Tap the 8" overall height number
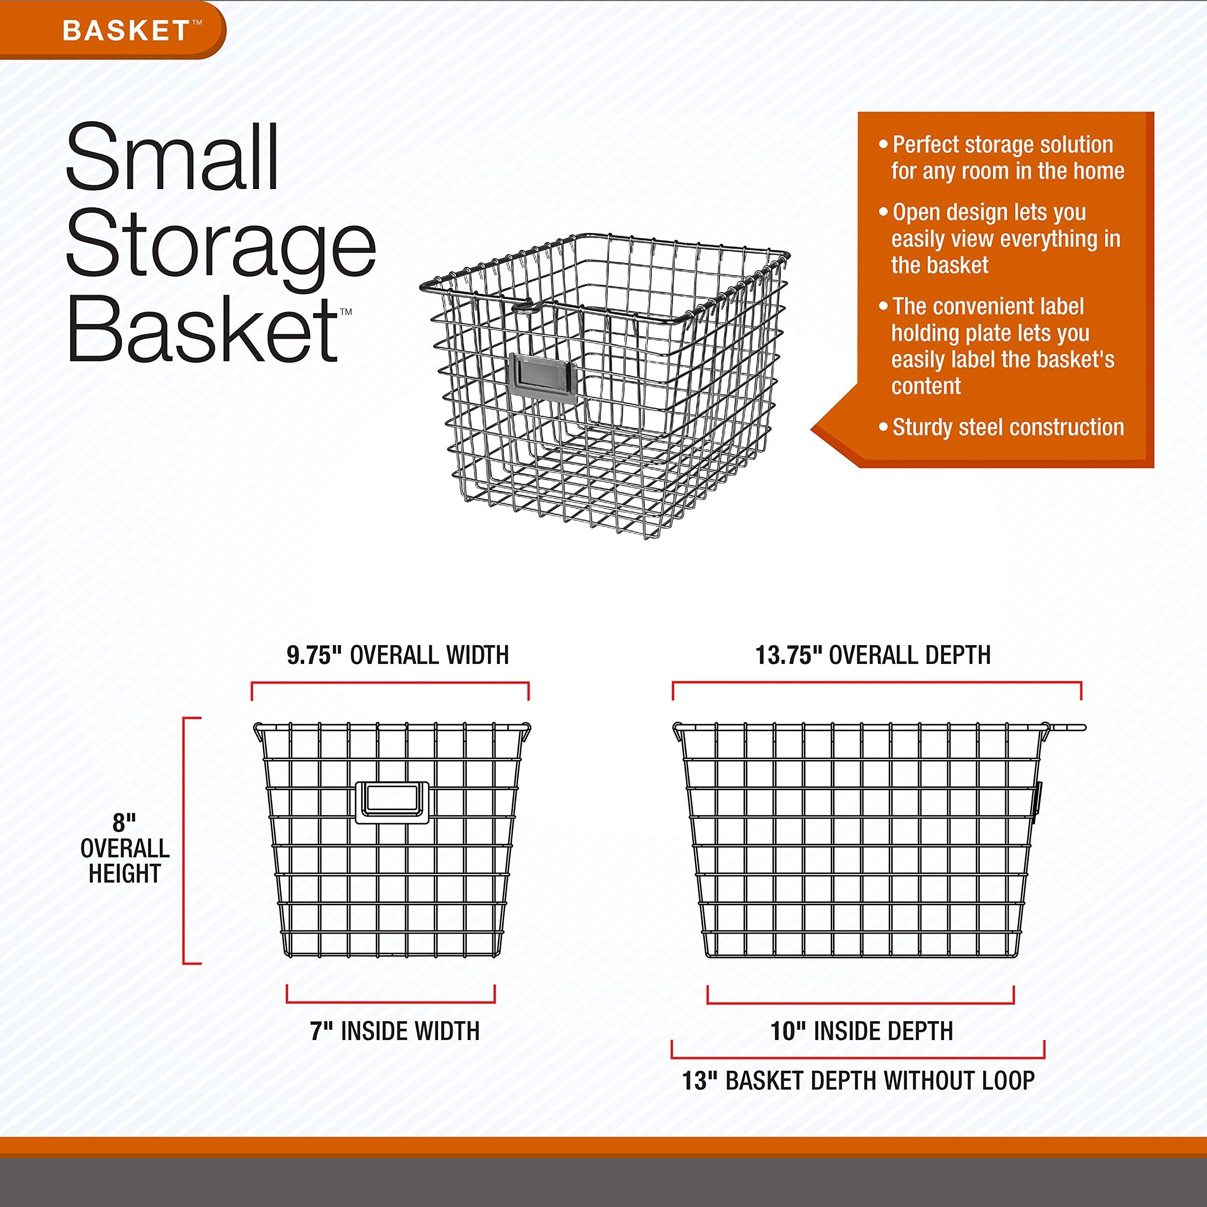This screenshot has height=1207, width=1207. pyautogui.click(x=124, y=823)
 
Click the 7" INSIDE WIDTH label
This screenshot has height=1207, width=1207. pyautogui.click(x=395, y=1031)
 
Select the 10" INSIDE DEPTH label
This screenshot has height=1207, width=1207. pyautogui.click(x=861, y=1031)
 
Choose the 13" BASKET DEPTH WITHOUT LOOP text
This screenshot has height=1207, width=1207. pyautogui.click(x=858, y=1080)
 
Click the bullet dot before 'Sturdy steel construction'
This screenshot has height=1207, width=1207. pyautogui.click(x=883, y=427)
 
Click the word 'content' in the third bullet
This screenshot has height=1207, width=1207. pyautogui.click(x=926, y=386)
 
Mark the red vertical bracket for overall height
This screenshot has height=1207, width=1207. pyautogui.click(x=184, y=840)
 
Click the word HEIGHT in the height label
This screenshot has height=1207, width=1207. pyautogui.click(x=124, y=873)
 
